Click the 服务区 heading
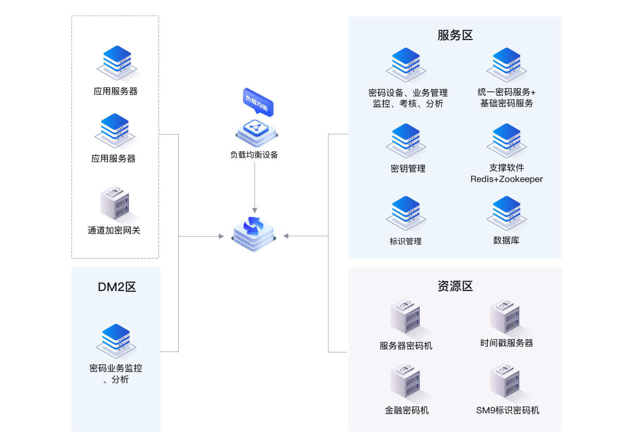click(x=455, y=35)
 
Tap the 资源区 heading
click(x=455, y=286)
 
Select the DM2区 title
click(x=117, y=287)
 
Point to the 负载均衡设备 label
click(x=254, y=155)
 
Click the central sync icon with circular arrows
click(x=254, y=233)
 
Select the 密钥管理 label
click(x=408, y=169)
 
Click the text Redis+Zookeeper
click(x=506, y=179)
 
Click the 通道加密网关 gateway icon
click(x=115, y=202)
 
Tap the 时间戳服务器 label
click(x=506, y=343)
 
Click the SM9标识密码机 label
click(x=508, y=411)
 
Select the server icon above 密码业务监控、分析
click(x=116, y=340)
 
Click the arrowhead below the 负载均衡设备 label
click(x=255, y=210)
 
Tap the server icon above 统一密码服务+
click(x=506, y=64)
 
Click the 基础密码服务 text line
click(x=506, y=103)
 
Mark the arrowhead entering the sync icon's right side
click(x=286, y=236)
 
